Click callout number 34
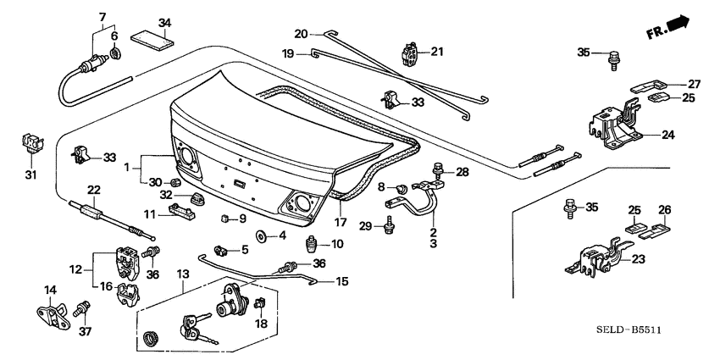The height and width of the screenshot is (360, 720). click(x=164, y=22)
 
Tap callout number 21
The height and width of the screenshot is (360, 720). click(x=437, y=52)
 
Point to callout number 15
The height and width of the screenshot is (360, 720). click(x=341, y=281)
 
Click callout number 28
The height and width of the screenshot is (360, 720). click(x=462, y=172)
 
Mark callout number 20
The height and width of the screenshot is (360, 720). click(x=300, y=33)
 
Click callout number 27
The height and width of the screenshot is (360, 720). click(x=694, y=84)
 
